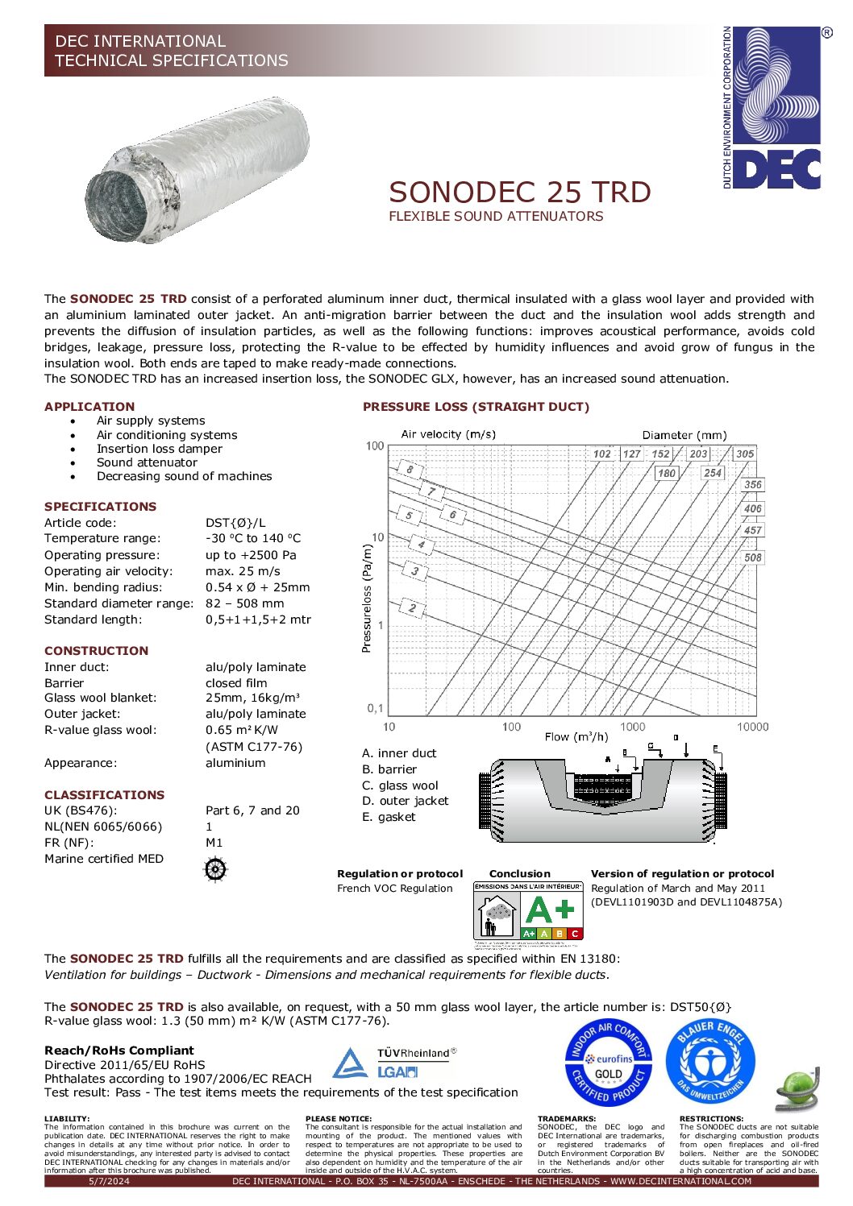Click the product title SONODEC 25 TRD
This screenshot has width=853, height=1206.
point(520,193)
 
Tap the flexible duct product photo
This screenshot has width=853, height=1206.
point(198,170)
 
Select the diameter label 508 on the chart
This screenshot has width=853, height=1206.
point(752,557)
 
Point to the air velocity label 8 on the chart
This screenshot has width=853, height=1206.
point(410,470)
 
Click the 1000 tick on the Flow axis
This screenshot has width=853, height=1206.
point(632,727)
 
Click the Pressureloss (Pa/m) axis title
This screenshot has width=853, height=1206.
point(367,598)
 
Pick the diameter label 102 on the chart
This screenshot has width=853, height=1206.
point(601,454)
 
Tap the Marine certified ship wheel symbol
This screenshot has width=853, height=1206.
point(215,869)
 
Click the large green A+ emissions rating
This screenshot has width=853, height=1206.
point(551,910)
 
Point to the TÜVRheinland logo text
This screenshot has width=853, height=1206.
point(416,1053)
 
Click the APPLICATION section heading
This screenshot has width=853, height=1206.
point(89,407)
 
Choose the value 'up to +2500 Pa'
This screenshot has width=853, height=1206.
point(251,555)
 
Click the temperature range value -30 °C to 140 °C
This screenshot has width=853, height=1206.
point(253,538)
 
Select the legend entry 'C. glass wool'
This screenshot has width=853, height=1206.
point(400,785)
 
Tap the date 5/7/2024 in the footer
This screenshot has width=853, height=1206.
point(109,1181)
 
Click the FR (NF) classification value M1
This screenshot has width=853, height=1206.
point(214,843)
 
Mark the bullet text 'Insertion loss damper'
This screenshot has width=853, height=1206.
point(159,449)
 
